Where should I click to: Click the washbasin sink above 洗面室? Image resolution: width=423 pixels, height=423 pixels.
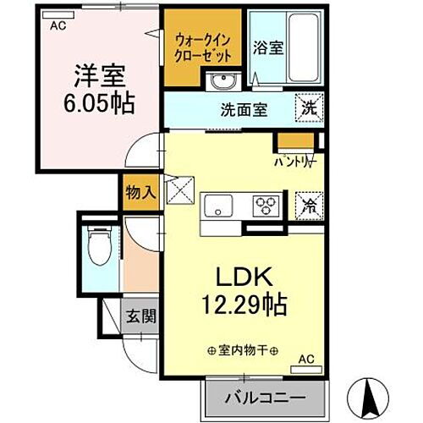pos(223,80)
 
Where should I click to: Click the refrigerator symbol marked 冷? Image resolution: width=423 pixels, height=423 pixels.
pos(309,203)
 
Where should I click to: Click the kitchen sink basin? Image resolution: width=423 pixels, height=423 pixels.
pos(218,205)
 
